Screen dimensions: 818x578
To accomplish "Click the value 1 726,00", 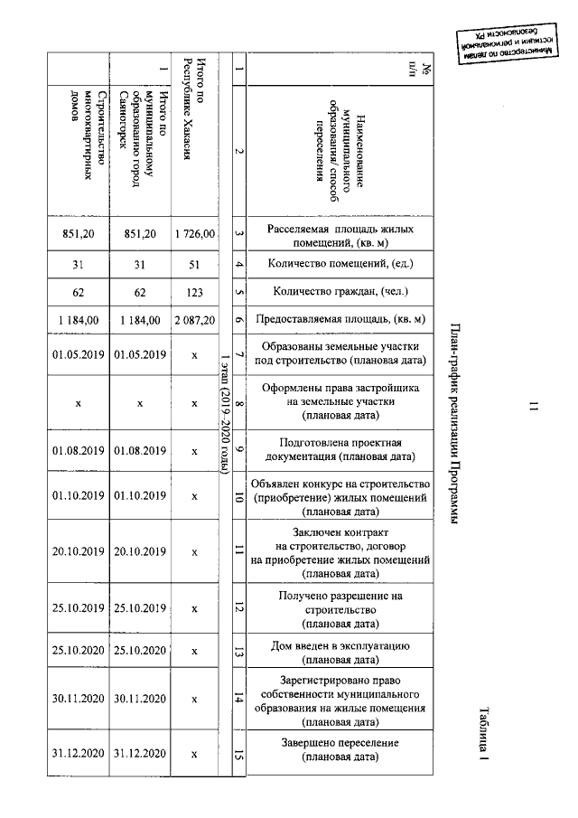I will [195, 234].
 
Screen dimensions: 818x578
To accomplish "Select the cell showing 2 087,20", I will [195, 319].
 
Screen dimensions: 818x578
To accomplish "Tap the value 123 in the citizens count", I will [195, 292].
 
